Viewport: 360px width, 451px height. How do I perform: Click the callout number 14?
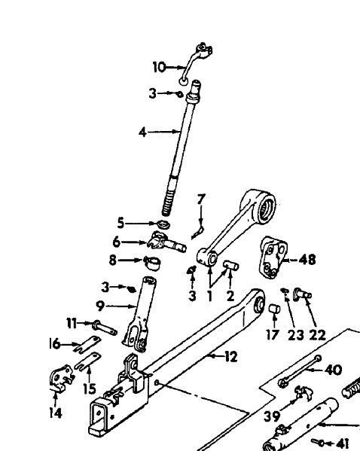(55, 413)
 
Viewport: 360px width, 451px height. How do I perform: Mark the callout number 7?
(201, 200)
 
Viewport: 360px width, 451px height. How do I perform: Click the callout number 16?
(54, 343)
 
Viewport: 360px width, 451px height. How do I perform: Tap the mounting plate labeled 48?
(272, 258)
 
